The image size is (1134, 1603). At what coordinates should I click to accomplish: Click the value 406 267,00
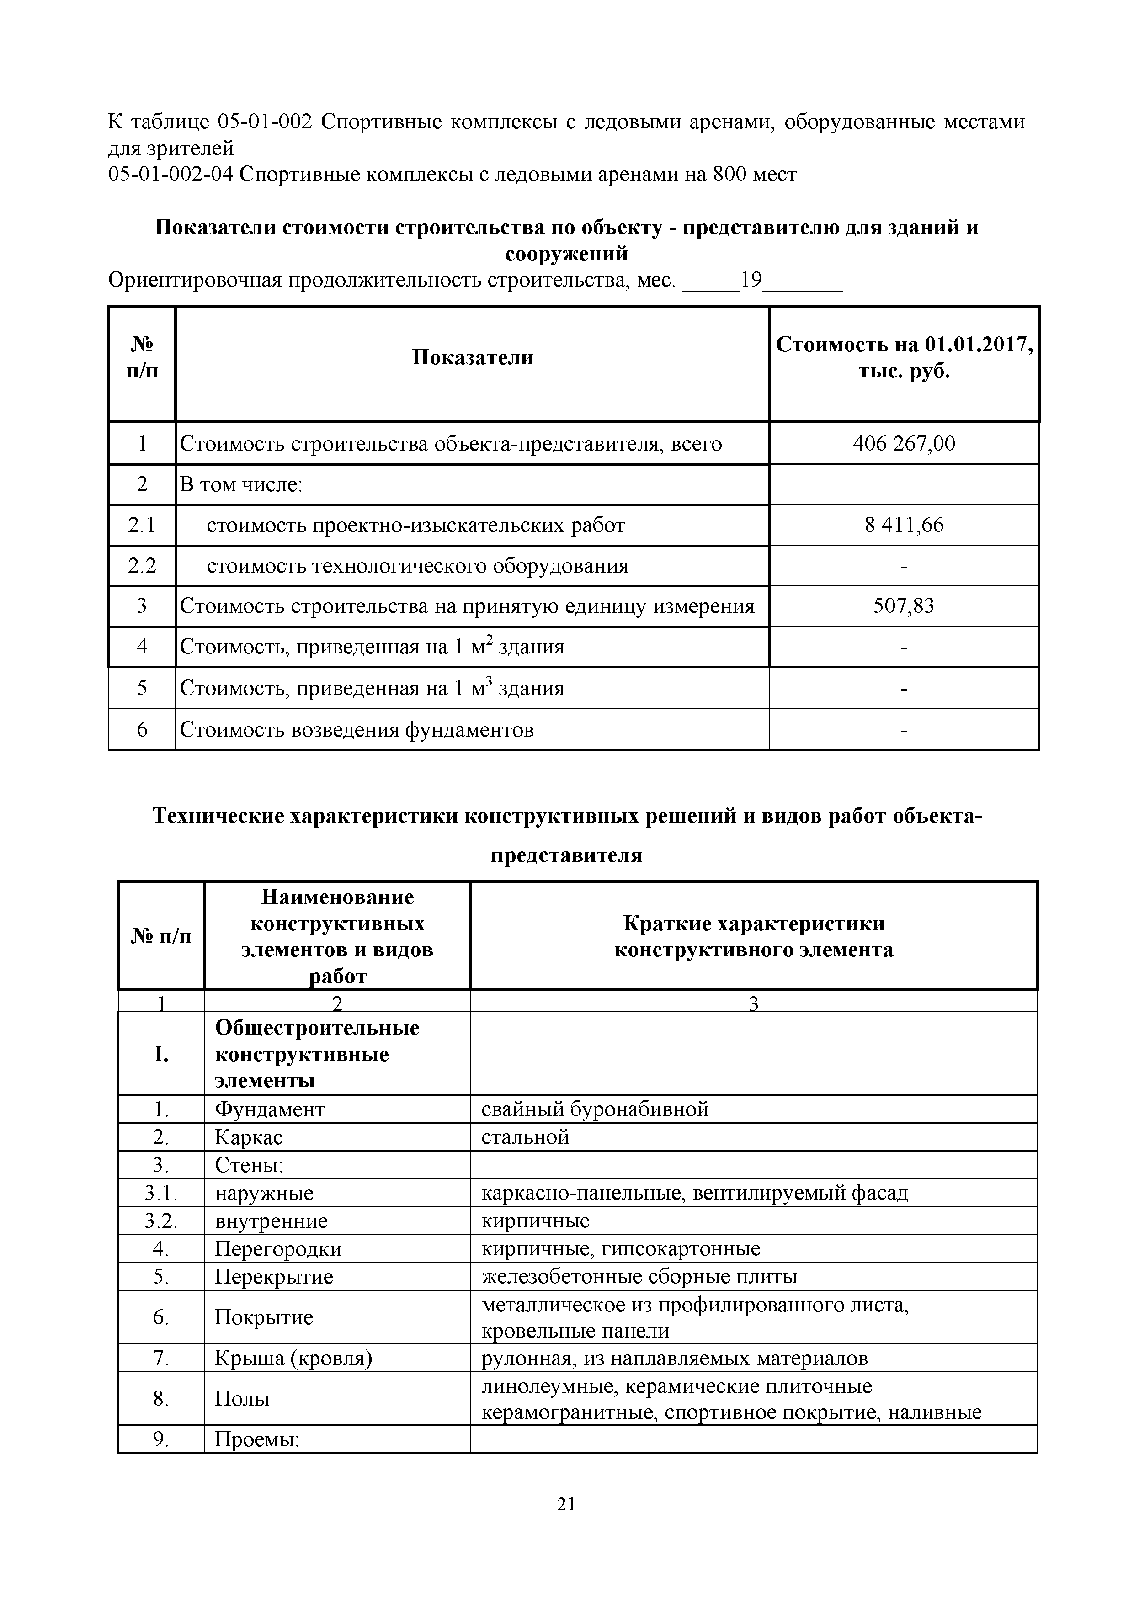(904, 444)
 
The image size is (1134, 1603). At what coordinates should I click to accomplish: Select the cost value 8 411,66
(904, 525)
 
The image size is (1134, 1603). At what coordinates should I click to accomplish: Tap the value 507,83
(904, 606)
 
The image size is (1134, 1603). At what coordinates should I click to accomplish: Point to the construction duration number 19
(751, 281)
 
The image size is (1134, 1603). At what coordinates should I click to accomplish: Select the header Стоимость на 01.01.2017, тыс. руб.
(904, 357)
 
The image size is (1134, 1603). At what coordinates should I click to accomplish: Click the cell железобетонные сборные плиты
(639, 1277)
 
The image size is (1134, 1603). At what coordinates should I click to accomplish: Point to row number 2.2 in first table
(142, 566)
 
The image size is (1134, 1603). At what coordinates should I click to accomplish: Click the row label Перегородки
(278, 1249)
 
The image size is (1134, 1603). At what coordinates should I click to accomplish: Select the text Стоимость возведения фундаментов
(357, 730)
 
